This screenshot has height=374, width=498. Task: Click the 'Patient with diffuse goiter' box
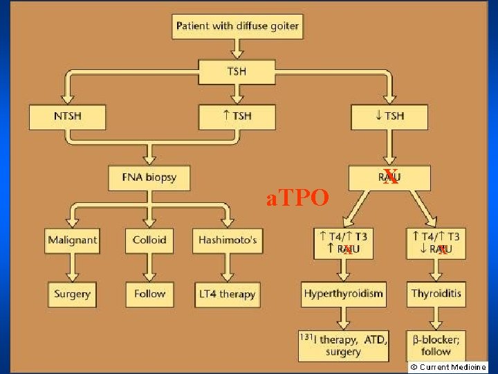pyautogui.click(x=237, y=26)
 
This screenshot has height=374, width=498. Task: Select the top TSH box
pyautogui.click(x=237, y=71)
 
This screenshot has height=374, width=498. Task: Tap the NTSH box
pyautogui.click(x=67, y=116)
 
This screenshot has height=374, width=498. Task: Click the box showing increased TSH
pyautogui.click(x=237, y=116)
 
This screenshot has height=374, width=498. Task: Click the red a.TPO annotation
pyautogui.click(x=297, y=199)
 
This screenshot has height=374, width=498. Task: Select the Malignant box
pyautogui.click(x=73, y=241)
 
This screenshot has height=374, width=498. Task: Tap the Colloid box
pyautogui.click(x=149, y=241)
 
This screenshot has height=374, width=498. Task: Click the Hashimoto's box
pyautogui.click(x=228, y=241)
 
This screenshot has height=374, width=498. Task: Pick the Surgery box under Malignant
pyautogui.click(x=73, y=294)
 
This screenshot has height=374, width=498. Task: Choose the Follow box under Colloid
pyautogui.click(x=149, y=294)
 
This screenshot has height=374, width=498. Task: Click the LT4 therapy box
pyautogui.click(x=228, y=294)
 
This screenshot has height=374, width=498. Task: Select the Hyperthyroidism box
pyautogui.click(x=343, y=294)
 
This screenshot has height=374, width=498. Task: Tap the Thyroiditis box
pyautogui.click(x=436, y=294)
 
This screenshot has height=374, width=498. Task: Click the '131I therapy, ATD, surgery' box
pyautogui.click(x=343, y=346)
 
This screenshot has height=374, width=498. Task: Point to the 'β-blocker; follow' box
pyautogui.click(x=436, y=344)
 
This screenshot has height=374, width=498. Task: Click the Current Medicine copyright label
pyautogui.click(x=448, y=367)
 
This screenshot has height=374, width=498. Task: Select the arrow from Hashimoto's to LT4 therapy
pyautogui.click(x=228, y=268)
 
